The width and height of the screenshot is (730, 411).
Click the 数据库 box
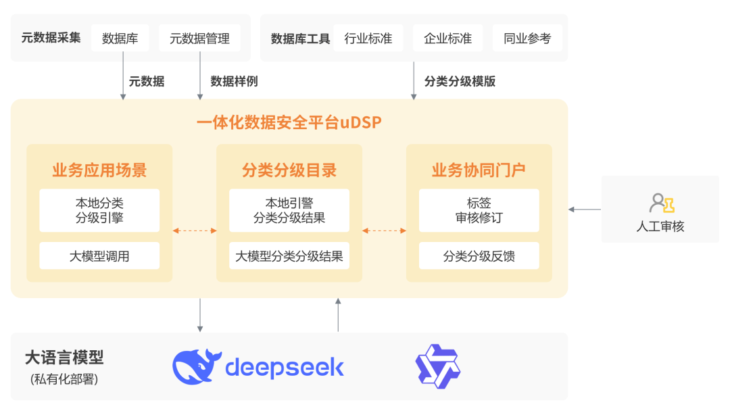click(x=120, y=39)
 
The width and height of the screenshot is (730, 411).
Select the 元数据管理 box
click(x=199, y=39)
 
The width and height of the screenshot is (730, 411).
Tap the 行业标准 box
click(x=368, y=39)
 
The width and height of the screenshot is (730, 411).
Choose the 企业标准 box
click(x=447, y=39)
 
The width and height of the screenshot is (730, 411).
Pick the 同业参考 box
click(x=527, y=39)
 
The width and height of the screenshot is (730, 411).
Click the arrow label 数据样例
click(x=234, y=82)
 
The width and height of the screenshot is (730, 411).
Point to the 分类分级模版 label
click(x=460, y=82)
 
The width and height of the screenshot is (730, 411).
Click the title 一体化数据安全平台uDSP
click(x=289, y=123)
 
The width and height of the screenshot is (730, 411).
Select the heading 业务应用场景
click(x=99, y=170)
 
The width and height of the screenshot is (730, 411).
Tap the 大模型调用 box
click(x=99, y=256)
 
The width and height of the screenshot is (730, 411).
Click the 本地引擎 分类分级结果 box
click(x=289, y=210)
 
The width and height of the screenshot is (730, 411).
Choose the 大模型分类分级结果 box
click(x=289, y=256)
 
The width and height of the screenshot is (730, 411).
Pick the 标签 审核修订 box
click(x=479, y=210)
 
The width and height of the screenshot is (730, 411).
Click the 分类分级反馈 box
click(x=479, y=256)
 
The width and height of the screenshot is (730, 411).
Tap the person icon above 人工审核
click(x=661, y=203)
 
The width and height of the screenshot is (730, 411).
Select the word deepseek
click(x=284, y=368)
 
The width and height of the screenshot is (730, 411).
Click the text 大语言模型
click(x=64, y=358)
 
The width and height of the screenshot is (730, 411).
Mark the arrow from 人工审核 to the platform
click(x=585, y=210)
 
